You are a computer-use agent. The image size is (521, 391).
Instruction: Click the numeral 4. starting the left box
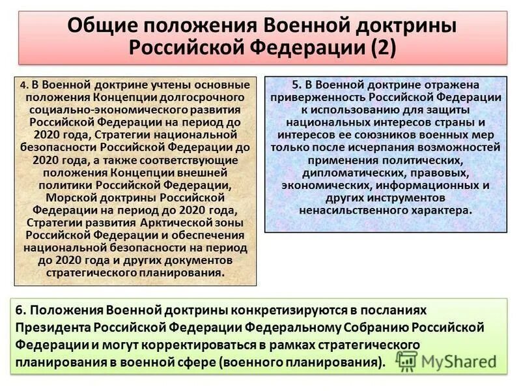23,85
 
